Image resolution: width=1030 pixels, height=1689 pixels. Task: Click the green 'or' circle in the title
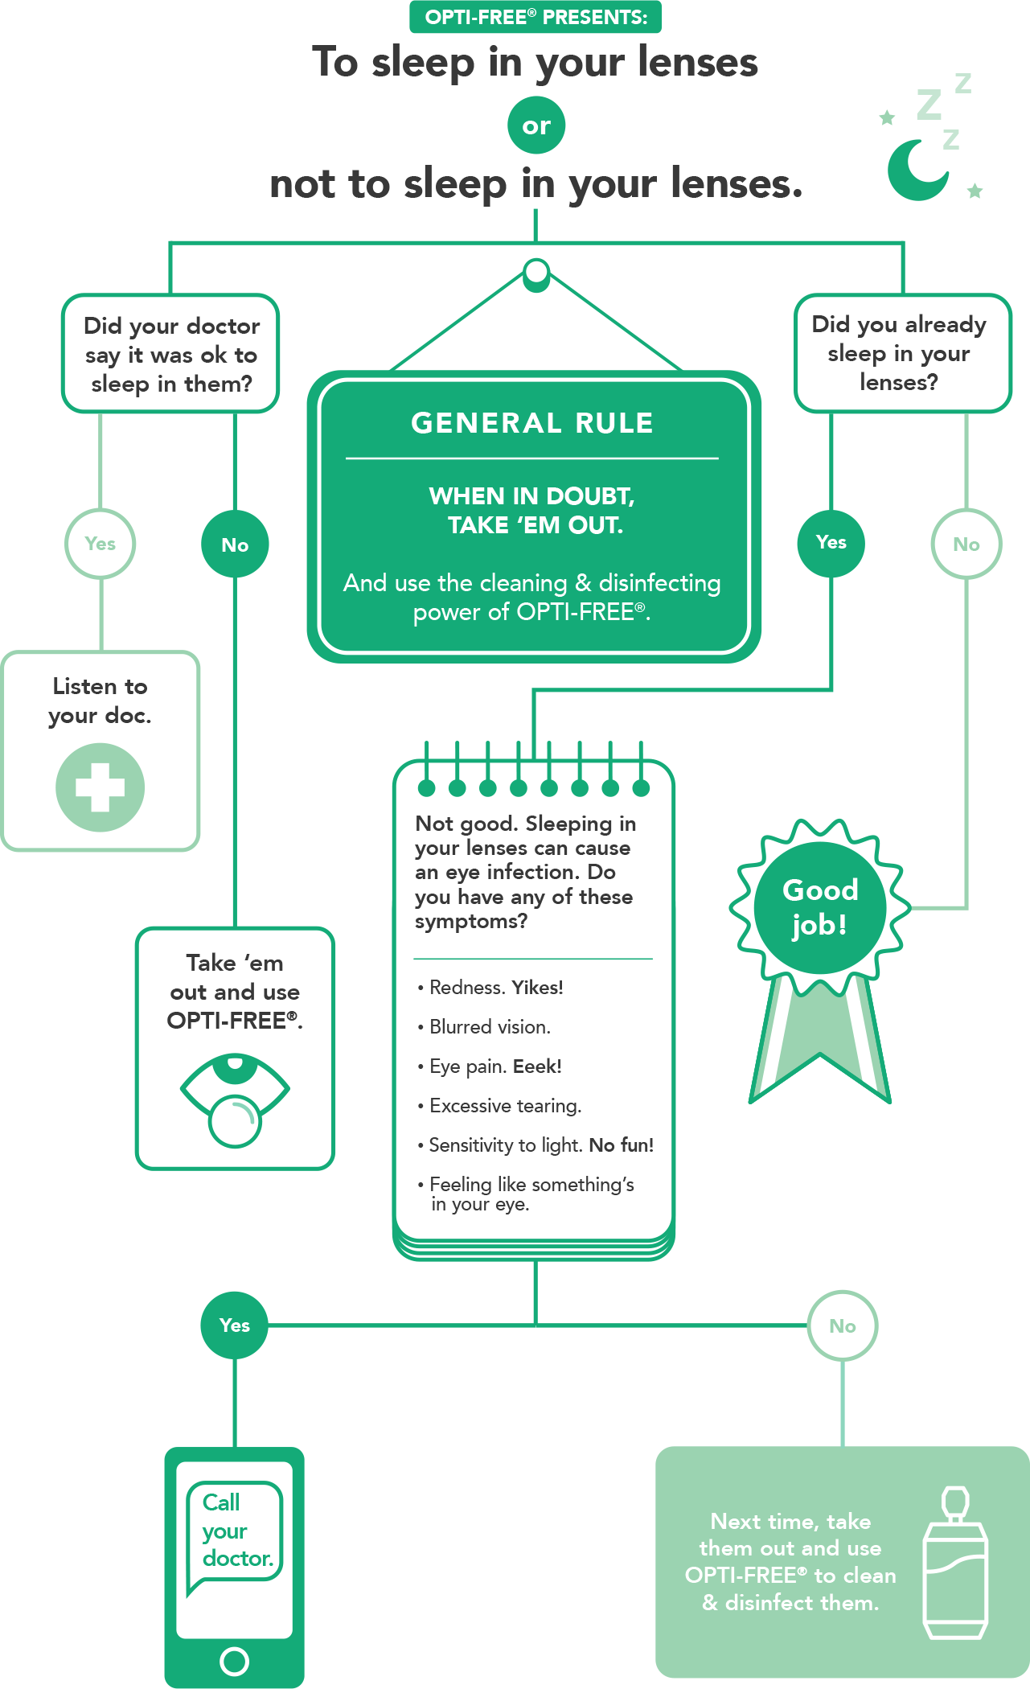[536, 125]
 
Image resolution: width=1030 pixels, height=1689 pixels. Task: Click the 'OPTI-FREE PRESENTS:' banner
[536, 17]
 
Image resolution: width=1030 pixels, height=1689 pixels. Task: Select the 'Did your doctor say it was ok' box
[170, 354]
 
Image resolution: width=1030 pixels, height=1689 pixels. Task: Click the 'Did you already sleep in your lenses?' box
[902, 353]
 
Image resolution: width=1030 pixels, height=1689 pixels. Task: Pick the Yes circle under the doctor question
[101, 544]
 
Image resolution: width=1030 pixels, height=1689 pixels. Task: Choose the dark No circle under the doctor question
[235, 545]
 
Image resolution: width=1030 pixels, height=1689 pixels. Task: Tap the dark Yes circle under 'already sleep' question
[831, 543]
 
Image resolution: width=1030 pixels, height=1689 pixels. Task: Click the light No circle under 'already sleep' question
[966, 545]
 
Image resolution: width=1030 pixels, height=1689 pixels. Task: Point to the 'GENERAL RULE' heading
[532, 423]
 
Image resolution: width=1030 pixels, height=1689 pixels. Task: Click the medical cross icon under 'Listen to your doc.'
[101, 787]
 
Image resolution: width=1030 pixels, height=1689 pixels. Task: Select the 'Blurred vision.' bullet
[484, 1027]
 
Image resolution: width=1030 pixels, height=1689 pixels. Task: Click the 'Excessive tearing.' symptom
[499, 1106]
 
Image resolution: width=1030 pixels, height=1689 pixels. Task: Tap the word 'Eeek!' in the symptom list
[537, 1066]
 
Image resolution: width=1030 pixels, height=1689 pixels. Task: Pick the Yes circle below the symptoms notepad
[235, 1325]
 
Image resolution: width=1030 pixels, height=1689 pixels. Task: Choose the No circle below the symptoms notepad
[843, 1326]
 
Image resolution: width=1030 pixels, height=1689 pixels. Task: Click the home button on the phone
[235, 1661]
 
